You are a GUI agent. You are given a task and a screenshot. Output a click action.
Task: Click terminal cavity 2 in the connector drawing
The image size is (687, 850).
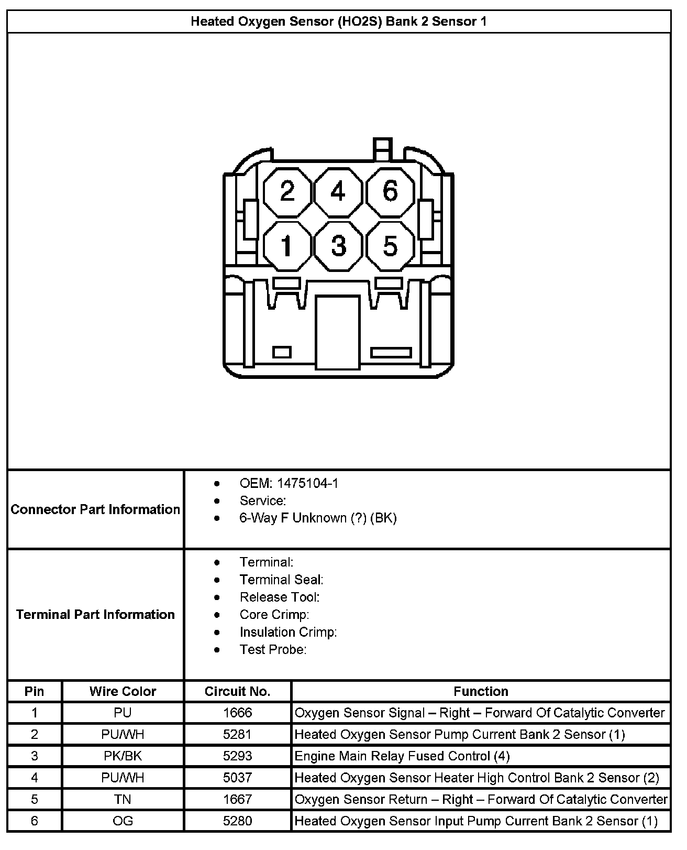287,192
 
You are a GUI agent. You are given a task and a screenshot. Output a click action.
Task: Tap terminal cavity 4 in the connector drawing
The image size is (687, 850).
338,192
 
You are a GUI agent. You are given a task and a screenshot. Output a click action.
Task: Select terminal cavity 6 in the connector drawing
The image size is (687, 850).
390,192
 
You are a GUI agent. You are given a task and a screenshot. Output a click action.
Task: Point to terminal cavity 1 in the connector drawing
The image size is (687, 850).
287,245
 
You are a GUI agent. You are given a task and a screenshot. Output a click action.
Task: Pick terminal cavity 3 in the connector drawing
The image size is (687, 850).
338,245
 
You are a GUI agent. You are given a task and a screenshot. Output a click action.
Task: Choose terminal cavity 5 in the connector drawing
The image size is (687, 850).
390,245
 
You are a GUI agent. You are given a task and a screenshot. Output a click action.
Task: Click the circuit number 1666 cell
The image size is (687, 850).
237,713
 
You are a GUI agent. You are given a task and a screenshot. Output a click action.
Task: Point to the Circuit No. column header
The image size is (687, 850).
237,691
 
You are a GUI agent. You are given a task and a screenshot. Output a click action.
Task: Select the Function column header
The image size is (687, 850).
481,691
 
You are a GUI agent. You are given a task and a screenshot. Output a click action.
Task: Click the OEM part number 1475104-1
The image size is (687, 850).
307,483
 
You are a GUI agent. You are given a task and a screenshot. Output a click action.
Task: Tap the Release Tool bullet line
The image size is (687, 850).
279,597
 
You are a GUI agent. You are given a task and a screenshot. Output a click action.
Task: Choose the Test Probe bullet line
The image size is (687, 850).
273,649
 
